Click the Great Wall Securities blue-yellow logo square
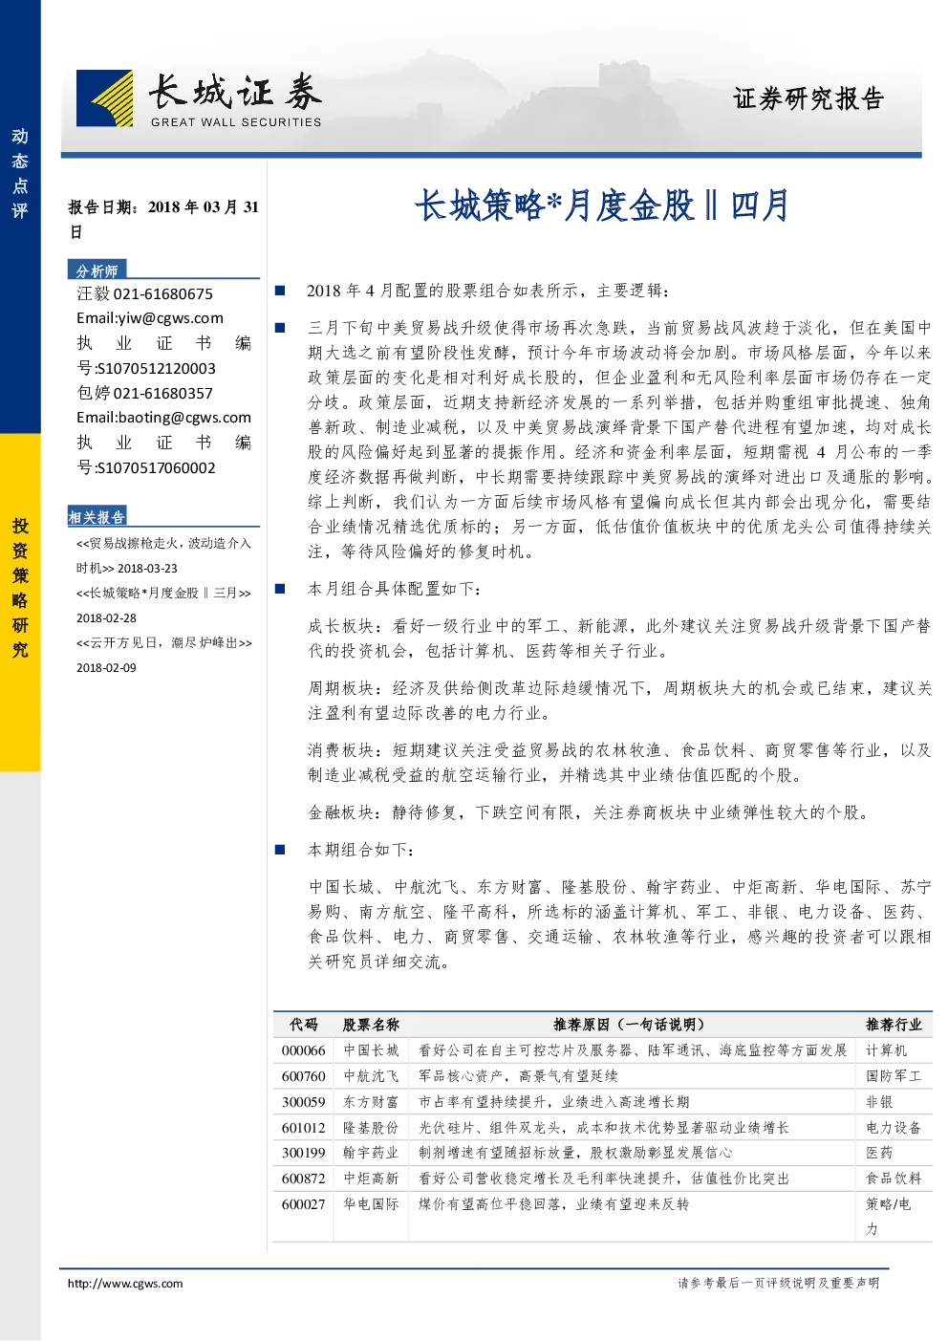105,98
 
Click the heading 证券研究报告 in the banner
808,98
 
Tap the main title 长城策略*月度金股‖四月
601,205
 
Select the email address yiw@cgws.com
170,318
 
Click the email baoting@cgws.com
184,418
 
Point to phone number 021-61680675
162,294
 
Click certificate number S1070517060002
156,467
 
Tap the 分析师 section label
97,270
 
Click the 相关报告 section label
97,517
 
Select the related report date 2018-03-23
147,568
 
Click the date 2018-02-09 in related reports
106,667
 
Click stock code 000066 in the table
304,1050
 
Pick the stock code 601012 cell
304,1127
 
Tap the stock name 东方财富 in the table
371,1101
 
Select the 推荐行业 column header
894,1025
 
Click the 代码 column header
304,1025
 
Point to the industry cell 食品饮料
894,1179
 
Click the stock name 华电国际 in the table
371,1204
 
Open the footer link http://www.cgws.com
125,1283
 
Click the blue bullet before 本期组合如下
279,850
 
